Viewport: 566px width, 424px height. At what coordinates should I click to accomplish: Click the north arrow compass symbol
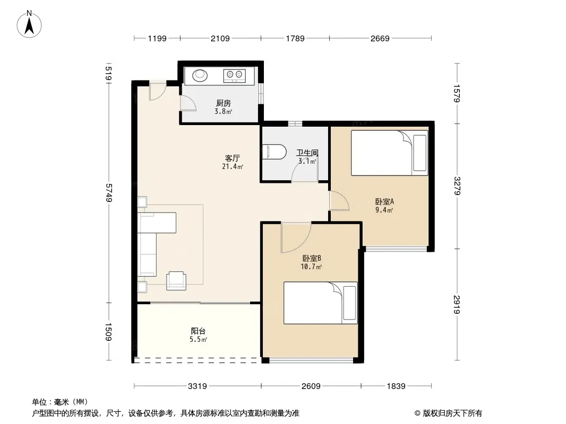click(29, 24)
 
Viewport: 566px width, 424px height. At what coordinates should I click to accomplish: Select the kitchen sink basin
click(200, 76)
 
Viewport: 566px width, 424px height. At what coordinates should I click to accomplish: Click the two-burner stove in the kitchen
click(234, 76)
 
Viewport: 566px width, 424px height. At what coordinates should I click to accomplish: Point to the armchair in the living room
click(176, 280)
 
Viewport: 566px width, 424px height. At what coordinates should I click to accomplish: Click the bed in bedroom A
click(390, 153)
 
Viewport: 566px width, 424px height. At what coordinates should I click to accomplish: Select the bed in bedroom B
click(321, 303)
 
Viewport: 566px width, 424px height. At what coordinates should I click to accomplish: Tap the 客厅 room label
click(233, 158)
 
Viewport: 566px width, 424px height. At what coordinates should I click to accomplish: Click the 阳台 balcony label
click(198, 331)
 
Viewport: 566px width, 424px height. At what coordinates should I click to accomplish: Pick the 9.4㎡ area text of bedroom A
click(384, 210)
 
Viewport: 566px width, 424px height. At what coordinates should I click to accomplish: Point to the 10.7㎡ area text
click(311, 267)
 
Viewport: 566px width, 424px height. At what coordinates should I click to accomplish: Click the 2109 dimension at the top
click(220, 39)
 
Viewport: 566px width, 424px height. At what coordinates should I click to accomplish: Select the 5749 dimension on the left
click(109, 193)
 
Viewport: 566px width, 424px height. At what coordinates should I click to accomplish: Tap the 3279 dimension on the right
click(457, 186)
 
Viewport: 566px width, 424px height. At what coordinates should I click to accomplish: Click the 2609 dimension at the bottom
click(311, 386)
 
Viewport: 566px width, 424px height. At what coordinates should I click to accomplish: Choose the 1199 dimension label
click(157, 39)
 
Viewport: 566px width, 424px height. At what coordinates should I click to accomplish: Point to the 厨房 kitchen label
click(224, 103)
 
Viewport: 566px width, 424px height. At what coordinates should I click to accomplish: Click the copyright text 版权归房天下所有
click(452, 413)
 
